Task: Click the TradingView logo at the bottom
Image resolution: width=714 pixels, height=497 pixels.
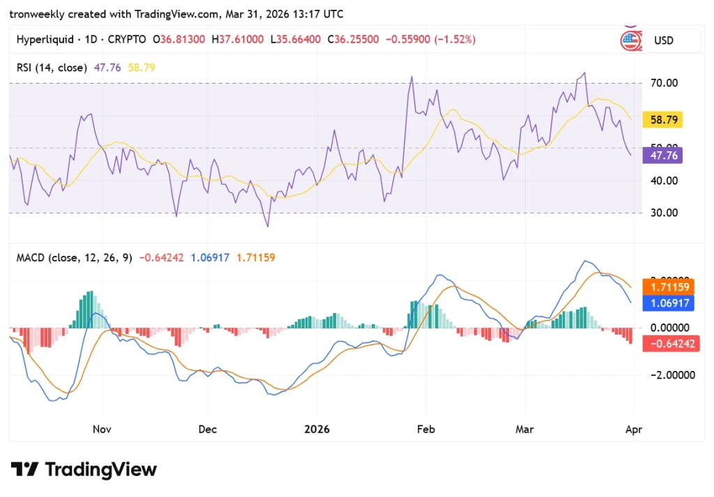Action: tap(84, 470)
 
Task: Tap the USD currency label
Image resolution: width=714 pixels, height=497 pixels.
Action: tap(663, 40)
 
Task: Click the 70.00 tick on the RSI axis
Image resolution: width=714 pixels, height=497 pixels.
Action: tap(664, 83)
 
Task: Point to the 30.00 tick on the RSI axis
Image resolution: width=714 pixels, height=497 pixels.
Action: tap(664, 213)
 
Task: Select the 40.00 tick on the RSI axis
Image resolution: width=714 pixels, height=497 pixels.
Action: tap(664, 181)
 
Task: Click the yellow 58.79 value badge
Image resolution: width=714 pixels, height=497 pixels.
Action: tap(665, 120)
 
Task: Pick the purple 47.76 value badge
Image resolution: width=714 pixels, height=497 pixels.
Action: tap(665, 155)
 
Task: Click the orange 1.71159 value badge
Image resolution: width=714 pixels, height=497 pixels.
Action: tap(670, 286)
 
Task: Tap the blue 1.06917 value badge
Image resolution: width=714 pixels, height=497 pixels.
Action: tap(670, 303)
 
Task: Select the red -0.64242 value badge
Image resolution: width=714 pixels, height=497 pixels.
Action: tap(670, 343)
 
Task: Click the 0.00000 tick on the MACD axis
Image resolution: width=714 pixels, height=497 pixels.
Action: tap(670, 328)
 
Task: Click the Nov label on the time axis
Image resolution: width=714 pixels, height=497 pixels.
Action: tap(102, 429)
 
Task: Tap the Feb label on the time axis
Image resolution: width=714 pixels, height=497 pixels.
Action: tap(425, 429)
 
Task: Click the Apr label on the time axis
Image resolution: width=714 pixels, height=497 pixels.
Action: tap(633, 429)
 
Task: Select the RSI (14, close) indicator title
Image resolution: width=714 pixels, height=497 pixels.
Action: tap(52, 68)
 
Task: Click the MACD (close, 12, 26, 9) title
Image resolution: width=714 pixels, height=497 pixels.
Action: tap(74, 258)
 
